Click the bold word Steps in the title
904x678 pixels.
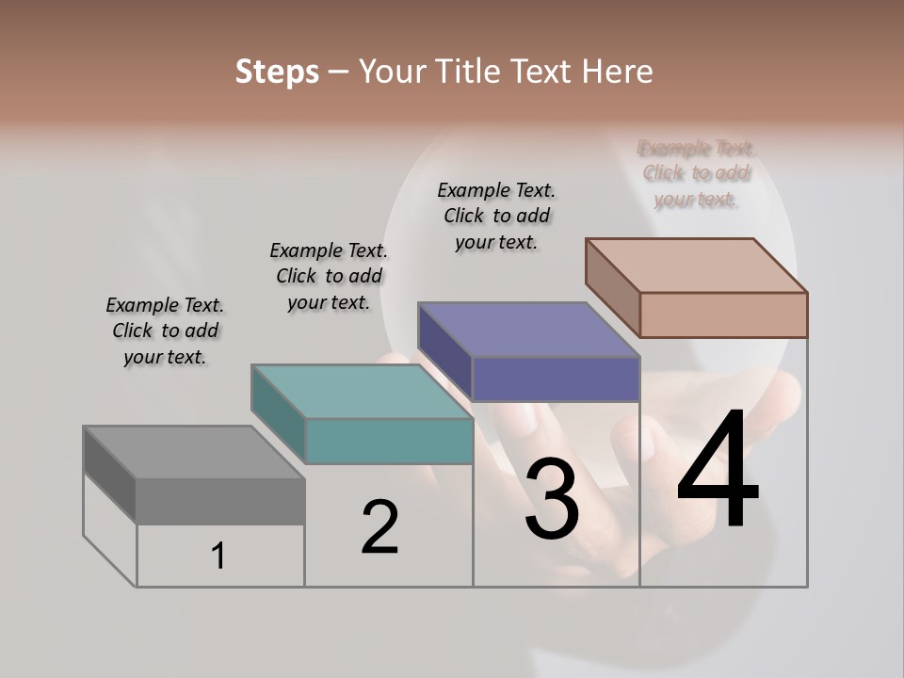tap(277, 72)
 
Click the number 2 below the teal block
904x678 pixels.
tap(380, 527)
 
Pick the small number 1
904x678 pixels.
tap(218, 557)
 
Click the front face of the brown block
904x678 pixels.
tap(723, 315)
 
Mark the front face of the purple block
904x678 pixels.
tap(556, 379)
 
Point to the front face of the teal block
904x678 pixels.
tap(389, 441)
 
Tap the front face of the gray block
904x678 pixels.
tap(220, 501)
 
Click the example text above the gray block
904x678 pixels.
tap(165, 331)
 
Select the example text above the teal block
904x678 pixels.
tap(329, 277)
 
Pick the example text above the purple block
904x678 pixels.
tap(496, 216)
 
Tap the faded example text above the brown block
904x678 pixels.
tap(697, 173)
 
